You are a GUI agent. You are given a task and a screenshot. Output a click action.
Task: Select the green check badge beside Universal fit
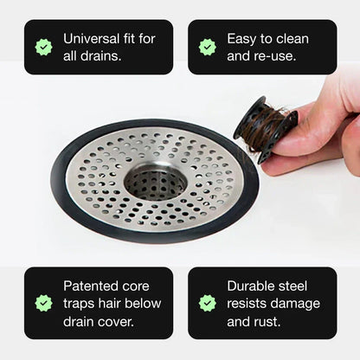click(x=43, y=47)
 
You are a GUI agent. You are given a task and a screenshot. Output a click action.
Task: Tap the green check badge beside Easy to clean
click(x=207, y=47)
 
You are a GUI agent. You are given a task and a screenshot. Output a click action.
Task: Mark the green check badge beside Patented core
click(x=43, y=303)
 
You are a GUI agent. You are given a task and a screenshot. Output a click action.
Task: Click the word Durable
click(x=254, y=286)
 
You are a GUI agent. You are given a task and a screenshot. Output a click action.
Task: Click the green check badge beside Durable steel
click(x=207, y=303)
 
